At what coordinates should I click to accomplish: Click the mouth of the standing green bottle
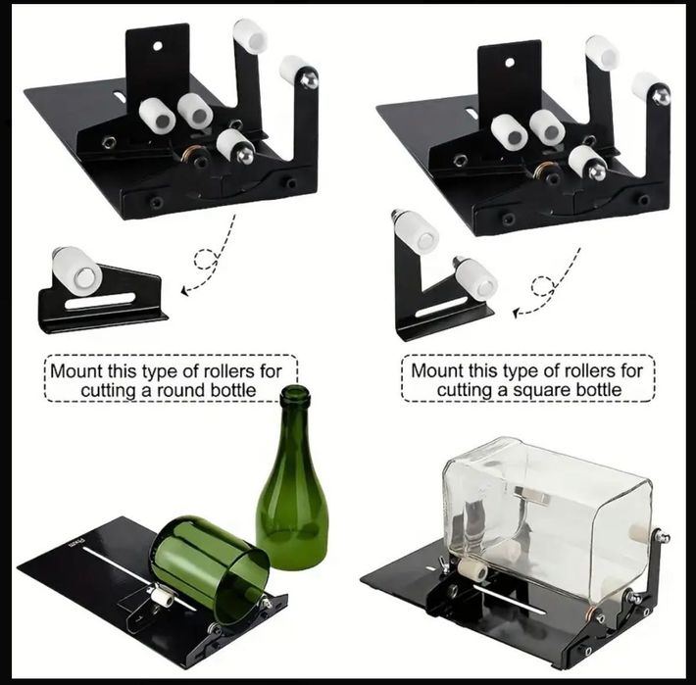(x=294, y=394)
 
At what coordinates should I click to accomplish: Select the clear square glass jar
(x=545, y=515)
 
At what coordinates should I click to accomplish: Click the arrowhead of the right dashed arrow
(x=519, y=312)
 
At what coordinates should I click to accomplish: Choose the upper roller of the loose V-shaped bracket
(x=416, y=231)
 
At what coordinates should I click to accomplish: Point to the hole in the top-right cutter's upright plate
(x=509, y=62)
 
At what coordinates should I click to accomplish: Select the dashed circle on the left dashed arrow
(x=206, y=260)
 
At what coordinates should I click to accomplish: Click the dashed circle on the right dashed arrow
(x=541, y=286)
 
